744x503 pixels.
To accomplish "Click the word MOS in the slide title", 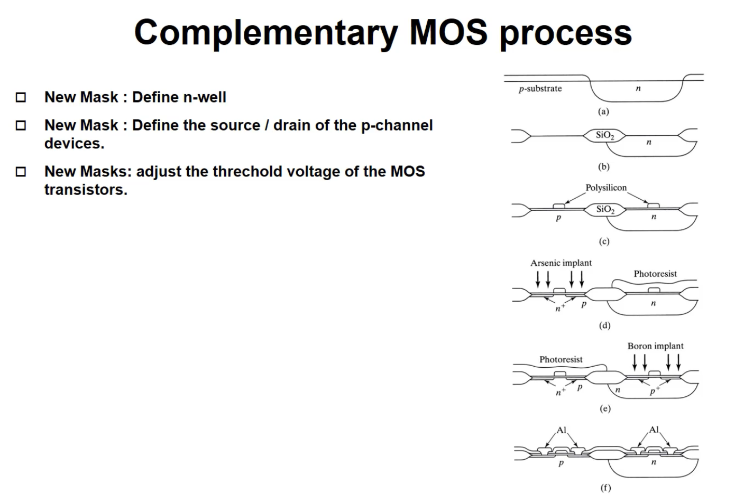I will [x=448, y=32].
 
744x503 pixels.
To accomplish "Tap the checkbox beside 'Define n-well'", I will [x=21, y=97].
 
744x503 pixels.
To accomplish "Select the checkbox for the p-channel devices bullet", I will [x=21, y=126].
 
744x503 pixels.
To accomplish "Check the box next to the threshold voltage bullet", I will [x=21, y=172].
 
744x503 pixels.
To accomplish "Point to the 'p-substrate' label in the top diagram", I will [x=540, y=89].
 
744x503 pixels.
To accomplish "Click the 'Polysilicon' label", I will [x=605, y=188].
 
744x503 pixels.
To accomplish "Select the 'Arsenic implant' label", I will [x=561, y=263].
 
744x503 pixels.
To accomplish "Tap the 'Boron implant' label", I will [x=655, y=346].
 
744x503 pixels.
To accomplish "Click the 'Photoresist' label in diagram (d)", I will [x=655, y=274].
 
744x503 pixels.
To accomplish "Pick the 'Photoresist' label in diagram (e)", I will [x=561, y=359].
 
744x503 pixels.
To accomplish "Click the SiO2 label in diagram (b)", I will [x=605, y=135].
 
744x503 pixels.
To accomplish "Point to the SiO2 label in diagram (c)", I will [x=605, y=209].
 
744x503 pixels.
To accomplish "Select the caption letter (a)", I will [x=603, y=111].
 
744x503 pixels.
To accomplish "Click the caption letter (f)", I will [x=605, y=488].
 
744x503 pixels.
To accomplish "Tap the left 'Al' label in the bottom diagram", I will [x=561, y=430].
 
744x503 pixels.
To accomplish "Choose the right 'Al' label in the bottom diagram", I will [x=654, y=430].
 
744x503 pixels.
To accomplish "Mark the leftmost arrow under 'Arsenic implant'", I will [x=538, y=278].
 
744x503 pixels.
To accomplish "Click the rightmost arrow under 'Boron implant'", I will [x=678, y=362].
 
